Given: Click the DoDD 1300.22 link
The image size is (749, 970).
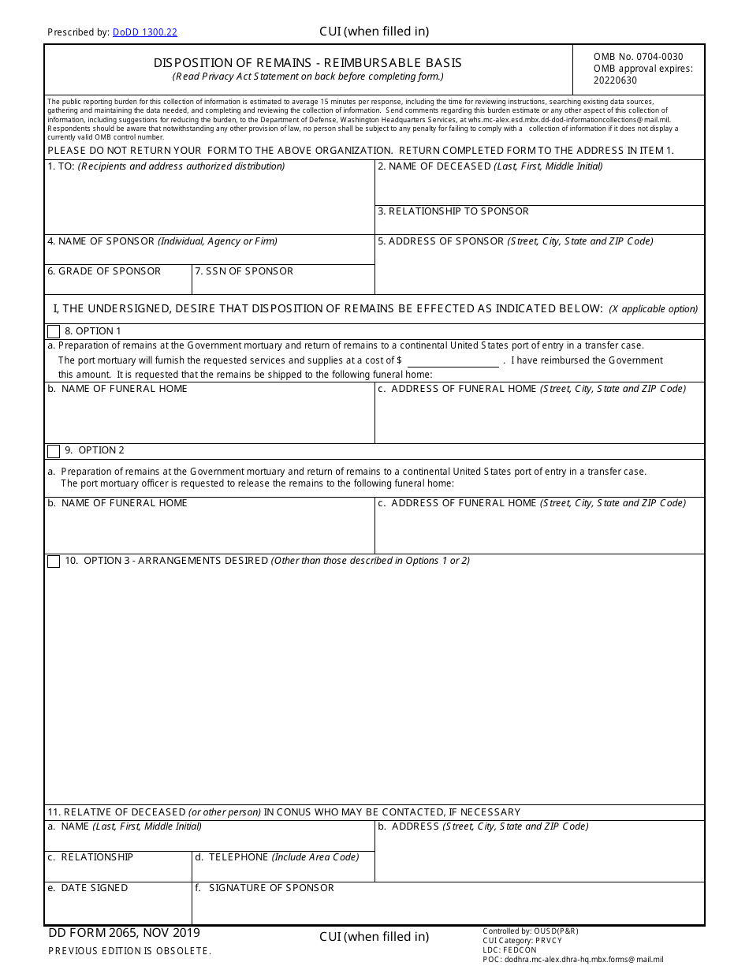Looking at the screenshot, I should [144, 32].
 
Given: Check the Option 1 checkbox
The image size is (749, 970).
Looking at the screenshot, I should [54, 332].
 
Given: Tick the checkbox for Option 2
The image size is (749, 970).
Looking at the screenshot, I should [54, 451].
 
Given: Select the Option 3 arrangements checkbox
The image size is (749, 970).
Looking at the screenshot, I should [54, 561].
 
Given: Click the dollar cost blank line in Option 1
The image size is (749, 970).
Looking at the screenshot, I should [453, 361].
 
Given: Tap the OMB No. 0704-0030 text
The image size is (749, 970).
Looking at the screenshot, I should [638, 57].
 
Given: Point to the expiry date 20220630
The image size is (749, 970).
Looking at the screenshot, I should [615, 80].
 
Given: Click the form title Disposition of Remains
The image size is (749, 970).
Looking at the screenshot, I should [307, 63].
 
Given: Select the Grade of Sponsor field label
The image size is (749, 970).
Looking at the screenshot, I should [104, 271].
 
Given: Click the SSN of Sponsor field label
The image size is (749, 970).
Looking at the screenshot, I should [244, 271].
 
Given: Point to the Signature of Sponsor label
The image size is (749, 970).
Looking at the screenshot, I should [264, 888].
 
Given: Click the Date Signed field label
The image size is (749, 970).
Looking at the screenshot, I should [88, 888].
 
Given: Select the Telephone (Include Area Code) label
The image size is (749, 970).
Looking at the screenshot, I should [277, 857].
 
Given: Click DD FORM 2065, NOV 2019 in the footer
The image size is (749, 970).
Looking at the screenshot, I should [124, 933].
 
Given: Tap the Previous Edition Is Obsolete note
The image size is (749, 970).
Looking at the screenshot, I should [129, 951].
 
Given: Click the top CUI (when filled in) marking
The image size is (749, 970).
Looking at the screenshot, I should [374, 32].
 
